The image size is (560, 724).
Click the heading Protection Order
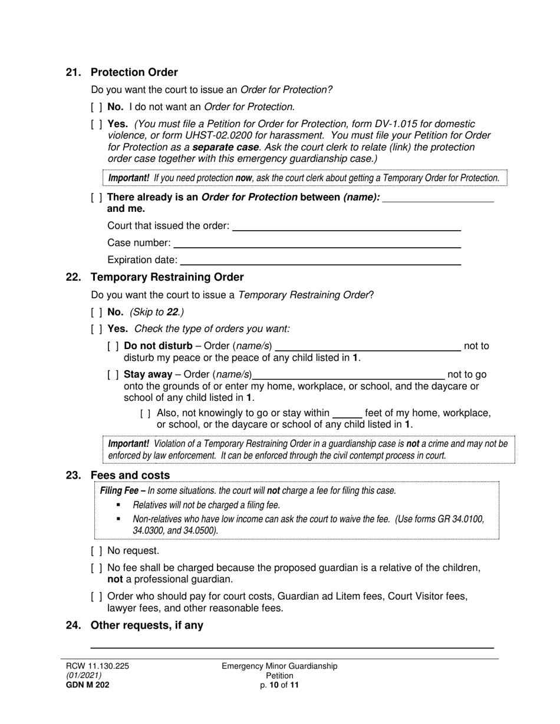pos(134,72)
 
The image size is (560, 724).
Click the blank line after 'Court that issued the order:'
pos(347,227)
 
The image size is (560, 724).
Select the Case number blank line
pos(317,244)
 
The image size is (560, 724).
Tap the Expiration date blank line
pos(320,261)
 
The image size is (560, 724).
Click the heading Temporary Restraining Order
pos(167,277)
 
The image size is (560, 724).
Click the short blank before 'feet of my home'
pos(347,414)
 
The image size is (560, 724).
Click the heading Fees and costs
pos(130,475)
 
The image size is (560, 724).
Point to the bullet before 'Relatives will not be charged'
pos(118,505)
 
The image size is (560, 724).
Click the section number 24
pos(73,625)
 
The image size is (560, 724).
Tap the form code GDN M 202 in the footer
pos(87,685)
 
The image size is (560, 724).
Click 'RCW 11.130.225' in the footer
pos(97,666)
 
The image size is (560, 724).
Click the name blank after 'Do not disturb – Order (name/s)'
pos(368,347)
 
